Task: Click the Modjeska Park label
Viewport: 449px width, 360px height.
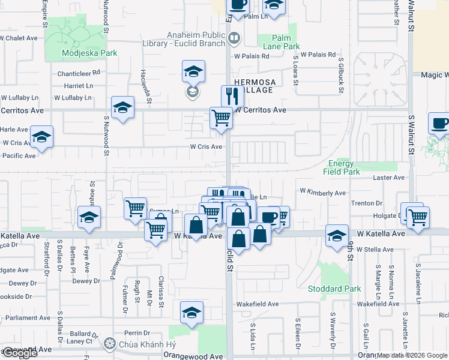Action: (89, 53)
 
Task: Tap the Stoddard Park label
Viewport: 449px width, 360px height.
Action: (342, 289)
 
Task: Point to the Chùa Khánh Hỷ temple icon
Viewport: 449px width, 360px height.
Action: (109, 344)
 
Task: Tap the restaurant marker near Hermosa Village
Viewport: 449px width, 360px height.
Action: (232, 95)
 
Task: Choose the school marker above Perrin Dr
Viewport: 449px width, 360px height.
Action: (192, 312)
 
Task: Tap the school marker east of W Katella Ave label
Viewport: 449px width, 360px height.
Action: (337, 235)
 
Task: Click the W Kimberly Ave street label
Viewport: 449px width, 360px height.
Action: (323, 193)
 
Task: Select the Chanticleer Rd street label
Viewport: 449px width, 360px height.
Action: (79, 73)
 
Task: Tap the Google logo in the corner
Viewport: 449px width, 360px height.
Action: (20, 353)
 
